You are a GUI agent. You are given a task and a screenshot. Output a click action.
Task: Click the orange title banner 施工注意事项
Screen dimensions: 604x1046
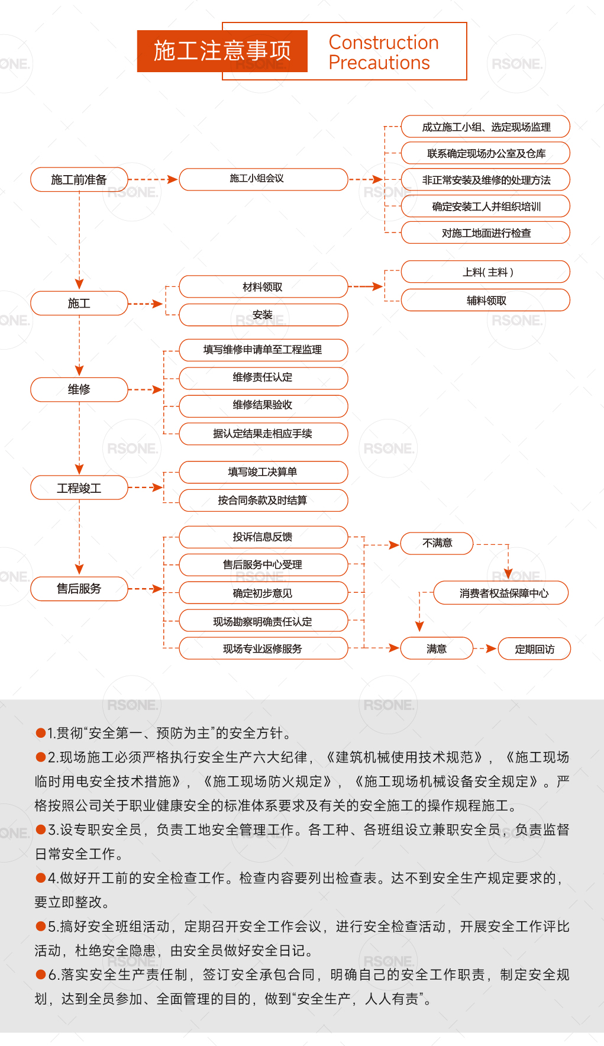(x=222, y=51)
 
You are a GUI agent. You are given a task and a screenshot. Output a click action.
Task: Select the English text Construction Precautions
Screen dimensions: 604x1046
(x=383, y=53)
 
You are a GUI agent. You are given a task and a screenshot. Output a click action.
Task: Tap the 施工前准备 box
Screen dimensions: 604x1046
(x=79, y=179)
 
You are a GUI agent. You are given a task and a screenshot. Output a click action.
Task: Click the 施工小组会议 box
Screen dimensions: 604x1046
(x=263, y=179)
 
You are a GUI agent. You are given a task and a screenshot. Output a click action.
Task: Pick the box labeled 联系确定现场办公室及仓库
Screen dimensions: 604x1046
(x=486, y=153)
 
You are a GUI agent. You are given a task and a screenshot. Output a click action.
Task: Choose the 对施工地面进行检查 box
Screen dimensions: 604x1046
(x=486, y=233)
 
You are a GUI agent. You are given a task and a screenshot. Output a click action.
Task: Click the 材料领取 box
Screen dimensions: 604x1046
(x=263, y=286)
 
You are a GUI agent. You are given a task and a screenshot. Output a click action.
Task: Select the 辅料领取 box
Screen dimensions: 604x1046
(x=486, y=300)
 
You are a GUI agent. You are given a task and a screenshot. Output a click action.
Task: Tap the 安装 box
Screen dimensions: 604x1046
(x=263, y=315)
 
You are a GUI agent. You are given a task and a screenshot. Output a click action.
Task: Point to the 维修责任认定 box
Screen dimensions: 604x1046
(x=263, y=377)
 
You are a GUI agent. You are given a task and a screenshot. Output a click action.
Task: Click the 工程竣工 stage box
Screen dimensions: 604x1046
(x=79, y=488)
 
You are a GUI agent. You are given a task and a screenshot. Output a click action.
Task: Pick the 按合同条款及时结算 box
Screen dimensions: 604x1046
(x=263, y=500)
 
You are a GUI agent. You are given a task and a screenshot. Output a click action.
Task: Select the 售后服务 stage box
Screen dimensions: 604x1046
(x=79, y=589)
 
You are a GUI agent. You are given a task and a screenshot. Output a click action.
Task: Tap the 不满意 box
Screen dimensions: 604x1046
(x=437, y=543)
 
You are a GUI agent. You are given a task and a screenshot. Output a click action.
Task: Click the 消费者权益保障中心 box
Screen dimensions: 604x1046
(x=501, y=593)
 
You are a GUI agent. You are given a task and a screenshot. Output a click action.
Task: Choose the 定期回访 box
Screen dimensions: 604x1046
(x=535, y=649)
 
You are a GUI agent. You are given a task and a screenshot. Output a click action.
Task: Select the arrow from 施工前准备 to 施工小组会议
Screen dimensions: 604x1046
(x=153, y=179)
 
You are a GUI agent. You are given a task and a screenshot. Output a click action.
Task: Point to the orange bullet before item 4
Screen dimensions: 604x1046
(x=41, y=878)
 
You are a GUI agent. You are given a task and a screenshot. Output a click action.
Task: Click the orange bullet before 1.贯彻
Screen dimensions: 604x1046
(x=41, y=733)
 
